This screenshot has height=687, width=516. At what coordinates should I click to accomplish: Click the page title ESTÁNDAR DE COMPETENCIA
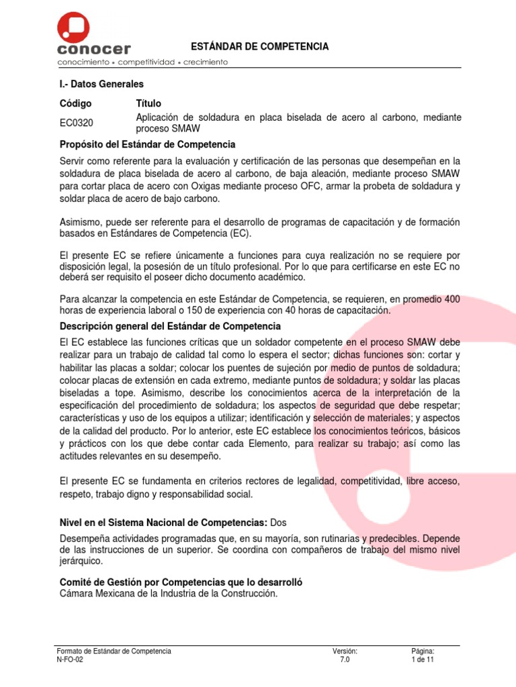click(259, 46)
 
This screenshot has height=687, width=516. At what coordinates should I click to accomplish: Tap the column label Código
click(75, 103)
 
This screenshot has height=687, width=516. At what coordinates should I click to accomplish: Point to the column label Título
click(148, 103)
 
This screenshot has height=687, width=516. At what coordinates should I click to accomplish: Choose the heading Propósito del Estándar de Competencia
click(147, 144)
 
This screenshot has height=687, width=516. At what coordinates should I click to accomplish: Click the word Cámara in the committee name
click(77, 594)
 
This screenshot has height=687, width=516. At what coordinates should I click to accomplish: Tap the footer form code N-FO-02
click(71, 660)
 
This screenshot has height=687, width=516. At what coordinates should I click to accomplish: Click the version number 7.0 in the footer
click(345, 660)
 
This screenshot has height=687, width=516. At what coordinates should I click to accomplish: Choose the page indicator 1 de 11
click(423, 660)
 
